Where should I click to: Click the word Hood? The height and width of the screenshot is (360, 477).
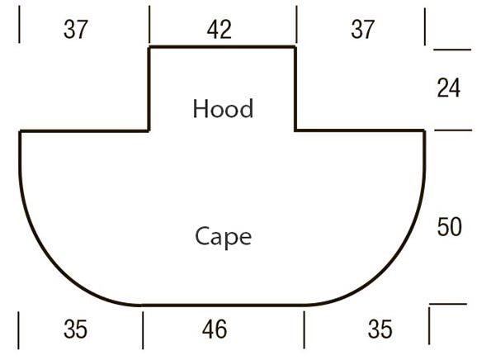pos(223,109)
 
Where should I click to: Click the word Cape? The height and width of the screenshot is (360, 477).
pos(223,236)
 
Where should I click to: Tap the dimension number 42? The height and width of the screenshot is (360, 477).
pos(219,30)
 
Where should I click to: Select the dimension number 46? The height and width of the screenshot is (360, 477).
pos(215,329)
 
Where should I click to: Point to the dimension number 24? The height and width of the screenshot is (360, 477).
pos(449,88)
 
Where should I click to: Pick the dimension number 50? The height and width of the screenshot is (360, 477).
pos(449,227)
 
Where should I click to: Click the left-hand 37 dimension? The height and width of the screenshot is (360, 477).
pos(75,30)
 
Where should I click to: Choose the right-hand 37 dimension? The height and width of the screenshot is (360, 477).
pos(362,30)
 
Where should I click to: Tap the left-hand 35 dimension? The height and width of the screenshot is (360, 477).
pos(75,329)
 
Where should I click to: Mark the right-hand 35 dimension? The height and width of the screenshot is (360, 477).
pos(380,329)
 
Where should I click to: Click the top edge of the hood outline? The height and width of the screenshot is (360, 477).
pos(222,47)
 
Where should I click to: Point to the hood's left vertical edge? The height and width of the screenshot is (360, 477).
pos(149,89)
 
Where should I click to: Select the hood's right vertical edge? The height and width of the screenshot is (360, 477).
pos(295,89)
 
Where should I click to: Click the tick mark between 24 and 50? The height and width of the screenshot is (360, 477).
pos(453,130)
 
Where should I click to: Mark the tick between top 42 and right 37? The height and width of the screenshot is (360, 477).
pos(296,25)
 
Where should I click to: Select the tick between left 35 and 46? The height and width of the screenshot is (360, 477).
pos(143,330)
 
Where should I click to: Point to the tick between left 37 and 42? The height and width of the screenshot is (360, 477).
pos(149,25)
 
